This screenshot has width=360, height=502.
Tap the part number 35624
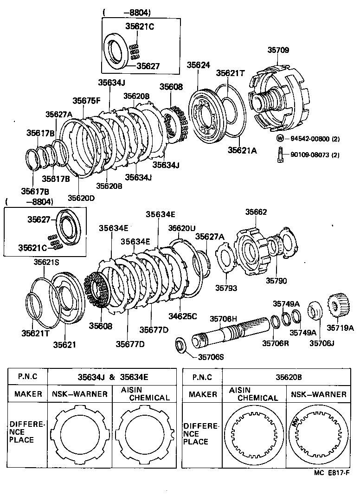(x=199, y=66)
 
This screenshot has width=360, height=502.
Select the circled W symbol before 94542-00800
(x=280, y=138)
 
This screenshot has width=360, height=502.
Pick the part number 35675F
(x=86, y=100)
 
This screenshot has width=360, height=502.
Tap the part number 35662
(x=256, y=212)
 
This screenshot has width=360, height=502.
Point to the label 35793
(x=226, y=288)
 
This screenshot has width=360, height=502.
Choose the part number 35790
(x=276, y=281)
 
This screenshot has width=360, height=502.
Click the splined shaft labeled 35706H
(x=230, y=335)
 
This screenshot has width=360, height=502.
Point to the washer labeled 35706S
(x=180, y=347)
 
